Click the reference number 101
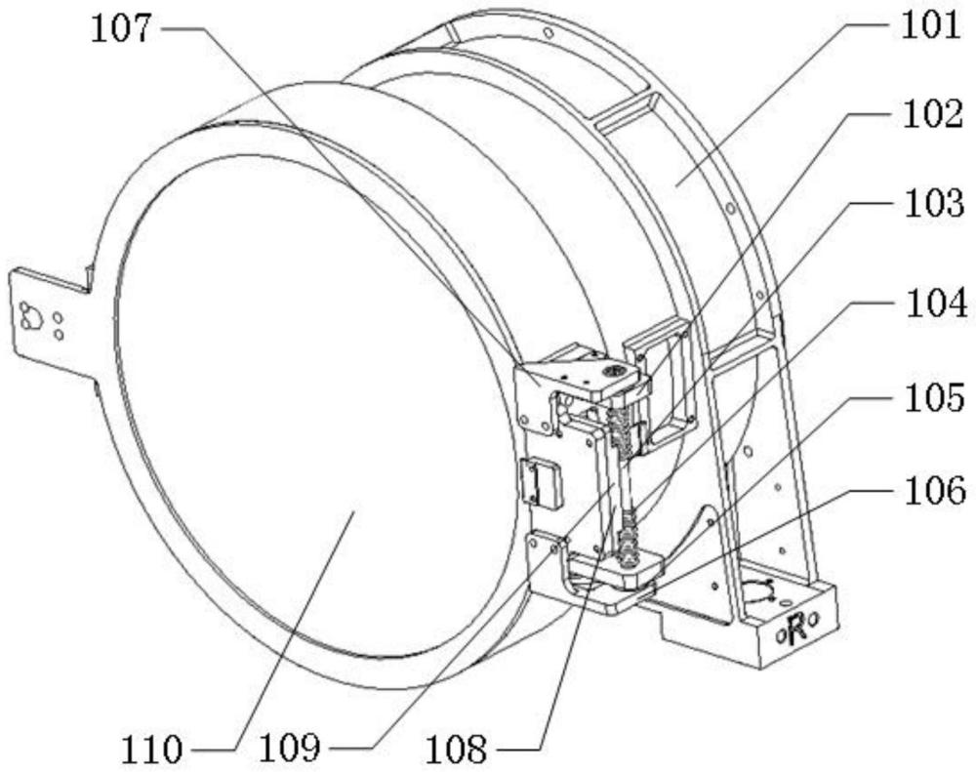click(x=931, y=26)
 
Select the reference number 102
click(x=933, y=114)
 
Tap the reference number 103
click(x=934, y=204)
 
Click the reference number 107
click(x=121, y=29)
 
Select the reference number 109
click(x=290, y=749)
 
